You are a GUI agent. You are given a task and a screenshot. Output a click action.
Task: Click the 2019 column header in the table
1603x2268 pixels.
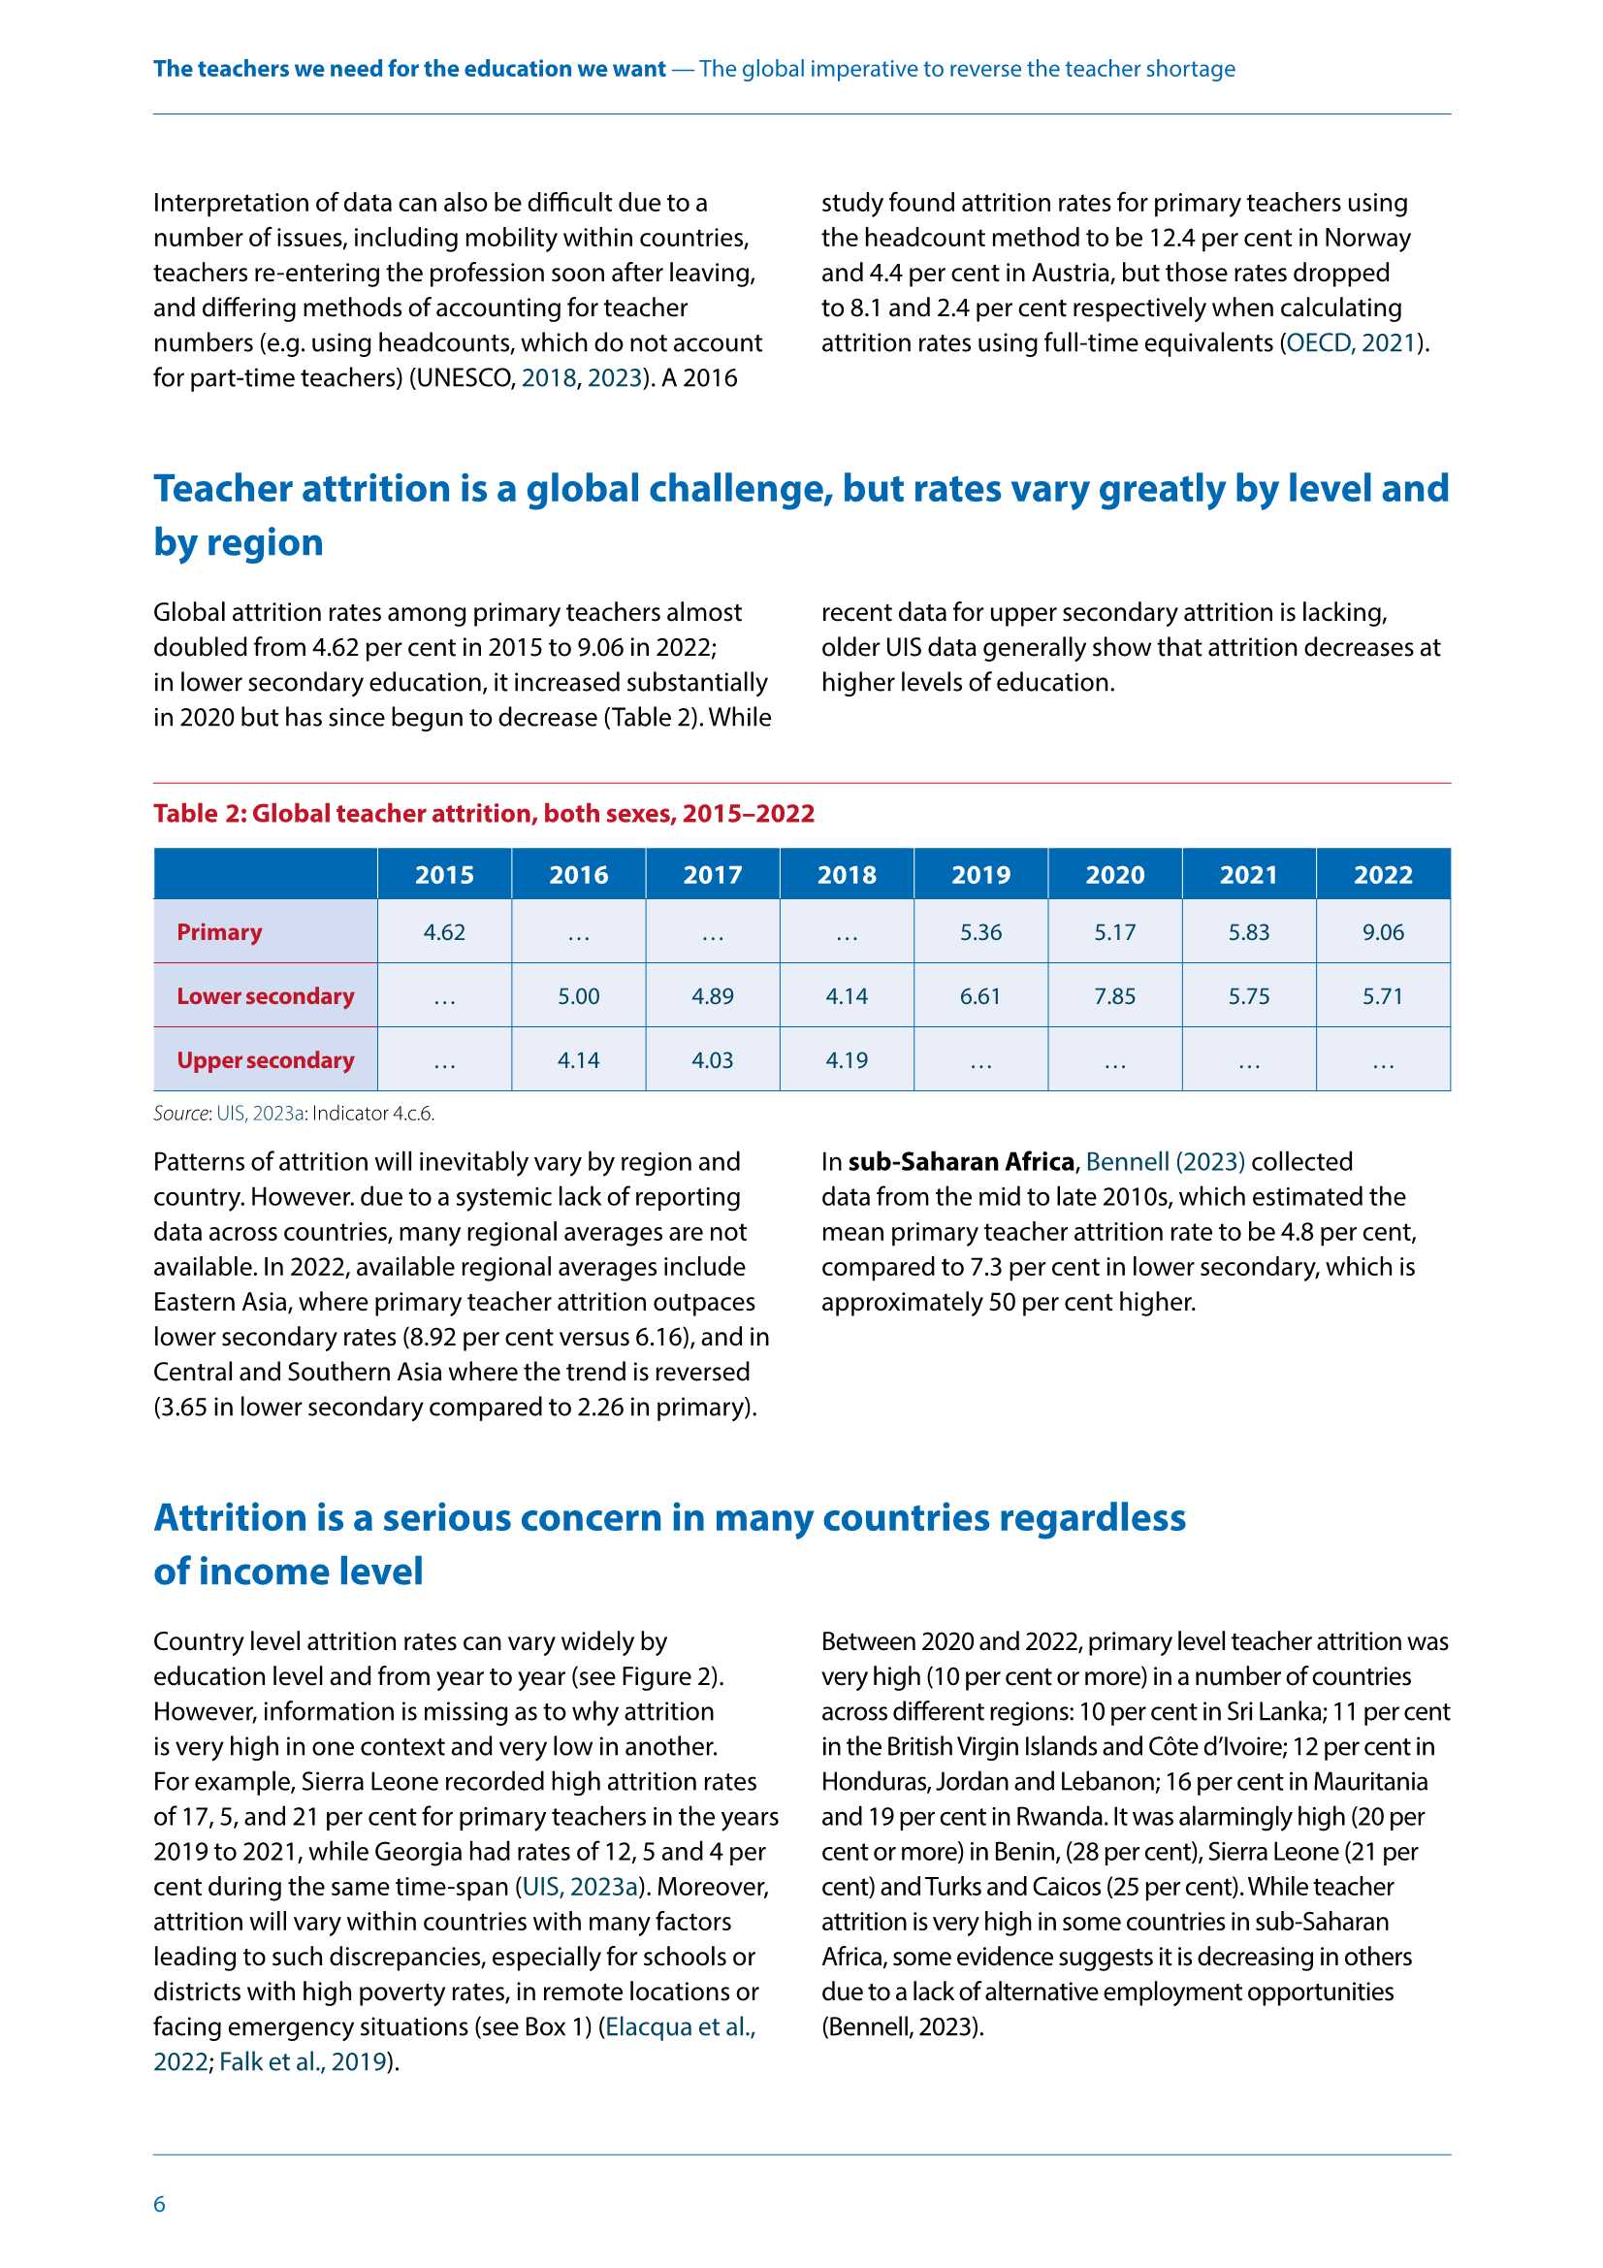tap(979, 874)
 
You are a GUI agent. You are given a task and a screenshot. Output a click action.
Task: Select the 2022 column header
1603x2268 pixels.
tap(1382, 874)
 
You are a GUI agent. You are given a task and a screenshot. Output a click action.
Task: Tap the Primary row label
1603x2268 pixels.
tap(219, 931)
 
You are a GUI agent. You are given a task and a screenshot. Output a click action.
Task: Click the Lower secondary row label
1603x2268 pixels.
tap(265, 995)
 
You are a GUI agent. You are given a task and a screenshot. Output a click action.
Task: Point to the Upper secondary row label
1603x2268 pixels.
tap(265, 1060)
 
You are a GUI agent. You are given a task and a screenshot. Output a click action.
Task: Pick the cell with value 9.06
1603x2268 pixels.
tap(1382, 931)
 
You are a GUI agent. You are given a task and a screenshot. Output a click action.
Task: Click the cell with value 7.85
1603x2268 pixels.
tap(1114, 995)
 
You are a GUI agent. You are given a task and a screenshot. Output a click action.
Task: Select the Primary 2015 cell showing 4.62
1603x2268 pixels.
tap(443, 931)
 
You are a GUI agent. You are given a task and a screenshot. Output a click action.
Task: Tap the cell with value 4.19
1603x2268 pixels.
tap(847, 1060)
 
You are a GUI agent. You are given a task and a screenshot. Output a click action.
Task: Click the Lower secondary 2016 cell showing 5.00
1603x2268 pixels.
tap(578, 995)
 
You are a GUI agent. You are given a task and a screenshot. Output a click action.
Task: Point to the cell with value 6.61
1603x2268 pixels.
tap(979, 995)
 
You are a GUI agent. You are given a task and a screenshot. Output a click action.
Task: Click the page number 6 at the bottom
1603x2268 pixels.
tap(159, 2204)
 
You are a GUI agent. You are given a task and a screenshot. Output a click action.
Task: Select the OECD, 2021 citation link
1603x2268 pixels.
tap(1350, 342)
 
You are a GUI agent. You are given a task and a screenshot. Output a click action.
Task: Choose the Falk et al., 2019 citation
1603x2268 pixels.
tap(302, 2061)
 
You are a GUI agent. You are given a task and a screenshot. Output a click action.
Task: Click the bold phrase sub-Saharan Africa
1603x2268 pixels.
tap(960, 1162)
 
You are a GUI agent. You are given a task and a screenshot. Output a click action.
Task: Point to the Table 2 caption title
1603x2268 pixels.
tap(483, 813)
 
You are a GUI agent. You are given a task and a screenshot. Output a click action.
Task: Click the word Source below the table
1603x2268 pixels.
tap(180, 1114)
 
